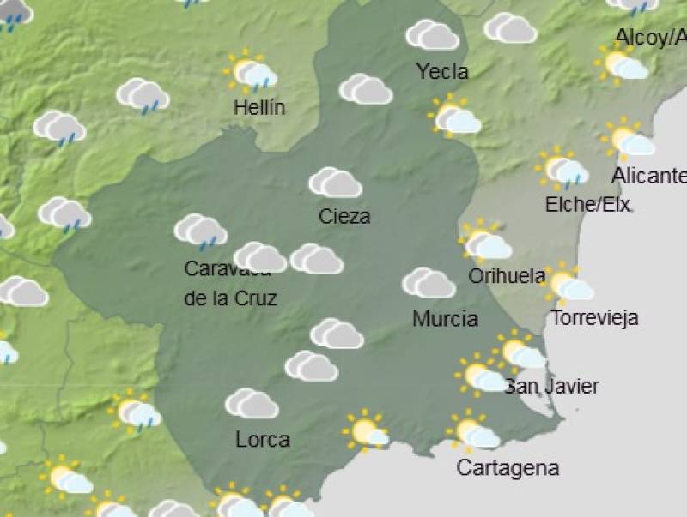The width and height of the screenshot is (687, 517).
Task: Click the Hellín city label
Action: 259,108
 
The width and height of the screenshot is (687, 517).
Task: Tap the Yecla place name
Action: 442,72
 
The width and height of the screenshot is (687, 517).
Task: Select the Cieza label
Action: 344,217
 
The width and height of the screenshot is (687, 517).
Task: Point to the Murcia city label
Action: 445,319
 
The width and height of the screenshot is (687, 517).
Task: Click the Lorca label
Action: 262,440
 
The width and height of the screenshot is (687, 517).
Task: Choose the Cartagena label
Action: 508,468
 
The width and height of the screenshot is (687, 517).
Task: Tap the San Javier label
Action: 551,386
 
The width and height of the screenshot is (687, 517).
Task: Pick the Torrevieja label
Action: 594,318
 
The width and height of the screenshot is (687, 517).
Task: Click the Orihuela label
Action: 507,276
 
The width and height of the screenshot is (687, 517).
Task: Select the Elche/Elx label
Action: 588,205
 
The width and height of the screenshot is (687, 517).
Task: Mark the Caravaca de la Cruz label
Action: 229,284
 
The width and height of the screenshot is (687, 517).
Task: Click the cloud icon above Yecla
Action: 432,35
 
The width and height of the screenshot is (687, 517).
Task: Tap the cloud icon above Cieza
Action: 335,183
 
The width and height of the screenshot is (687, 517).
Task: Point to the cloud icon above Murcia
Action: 428,283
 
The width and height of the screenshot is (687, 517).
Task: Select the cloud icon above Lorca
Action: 251,403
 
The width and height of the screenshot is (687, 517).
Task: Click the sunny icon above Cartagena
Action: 471,432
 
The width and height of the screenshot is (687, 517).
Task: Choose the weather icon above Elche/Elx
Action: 562,169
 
